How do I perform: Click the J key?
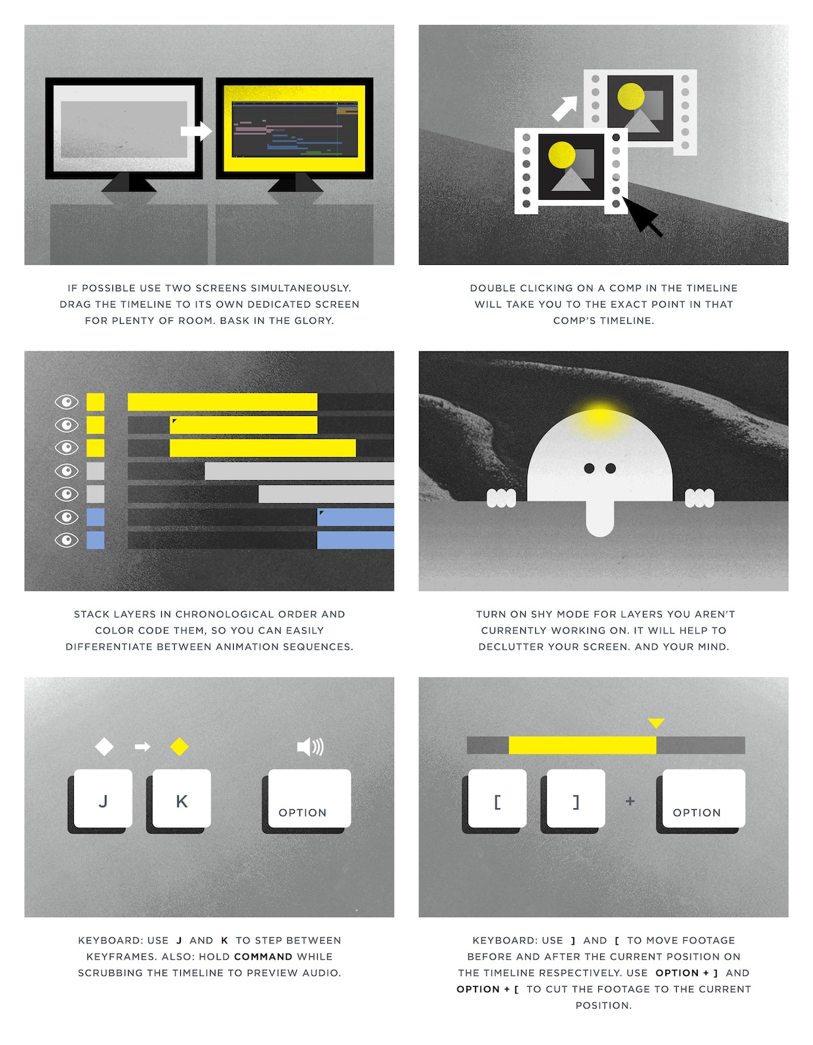point(103,798)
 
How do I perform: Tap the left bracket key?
point(497,798)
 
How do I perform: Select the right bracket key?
point(575,798)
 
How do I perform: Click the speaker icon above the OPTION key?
point(310,747)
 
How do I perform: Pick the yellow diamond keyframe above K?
point(180,747)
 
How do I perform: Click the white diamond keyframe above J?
point(104,747)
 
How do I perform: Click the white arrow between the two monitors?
point(196,131)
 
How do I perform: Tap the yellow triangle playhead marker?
point(656,723)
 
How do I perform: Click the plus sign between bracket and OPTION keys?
point(630,801)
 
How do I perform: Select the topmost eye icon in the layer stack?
point(66,402)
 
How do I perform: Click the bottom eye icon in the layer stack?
point(66,540)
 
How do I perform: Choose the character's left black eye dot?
point(589,468)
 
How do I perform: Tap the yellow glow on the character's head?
point(599,414)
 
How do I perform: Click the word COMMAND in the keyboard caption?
point(263,956)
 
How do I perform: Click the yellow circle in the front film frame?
point(562,154)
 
